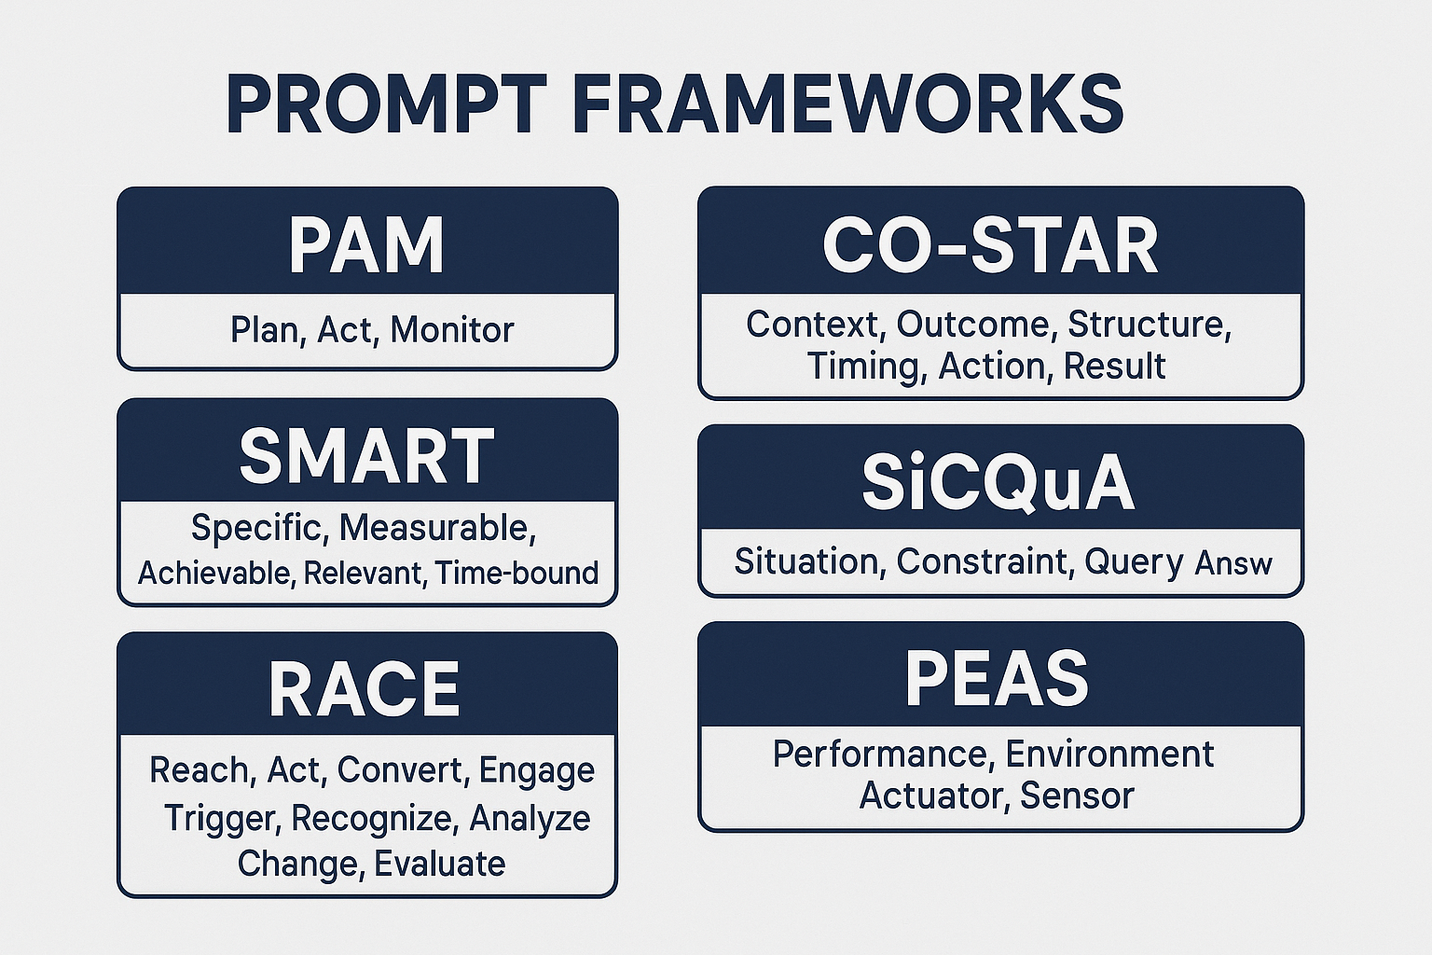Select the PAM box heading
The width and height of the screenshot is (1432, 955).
tap(366, 245)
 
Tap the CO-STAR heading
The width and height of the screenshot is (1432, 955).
tap(990, 245)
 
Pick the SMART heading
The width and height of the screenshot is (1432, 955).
tap(366, 456)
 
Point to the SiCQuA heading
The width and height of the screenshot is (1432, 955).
tap(998, 482)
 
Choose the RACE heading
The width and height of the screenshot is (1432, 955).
tap(365, 690)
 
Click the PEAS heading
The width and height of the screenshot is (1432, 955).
tap(997, 678)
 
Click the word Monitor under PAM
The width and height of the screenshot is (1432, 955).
tap(452, 330)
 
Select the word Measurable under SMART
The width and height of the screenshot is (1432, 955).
tap(436, 528)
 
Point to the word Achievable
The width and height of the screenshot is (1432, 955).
tap(216, 572)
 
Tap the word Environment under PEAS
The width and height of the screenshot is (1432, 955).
tap(1109, 754)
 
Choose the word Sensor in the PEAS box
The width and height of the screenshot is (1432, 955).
tap(1077, 796)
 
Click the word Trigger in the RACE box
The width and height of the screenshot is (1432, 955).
tap(221, 818)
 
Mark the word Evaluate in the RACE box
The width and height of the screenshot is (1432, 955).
tap(439, 864)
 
